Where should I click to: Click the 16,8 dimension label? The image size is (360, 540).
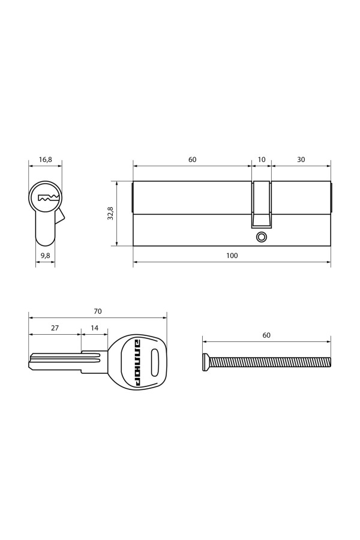coord(45,160)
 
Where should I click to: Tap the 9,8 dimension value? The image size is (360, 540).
coord(46,256)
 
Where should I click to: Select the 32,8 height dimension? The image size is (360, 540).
coord(110,213)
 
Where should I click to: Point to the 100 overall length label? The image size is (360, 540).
coord(232,256)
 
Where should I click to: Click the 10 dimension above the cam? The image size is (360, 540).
coord(262,160)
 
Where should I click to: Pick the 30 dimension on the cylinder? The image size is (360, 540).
coord(301,160)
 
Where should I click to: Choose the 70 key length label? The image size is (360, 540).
coord(97,311)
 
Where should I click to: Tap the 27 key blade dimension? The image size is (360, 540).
coord(55,328)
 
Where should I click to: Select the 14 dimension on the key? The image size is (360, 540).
coord(94,328)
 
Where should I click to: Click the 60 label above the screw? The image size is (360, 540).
coord(266,335)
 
